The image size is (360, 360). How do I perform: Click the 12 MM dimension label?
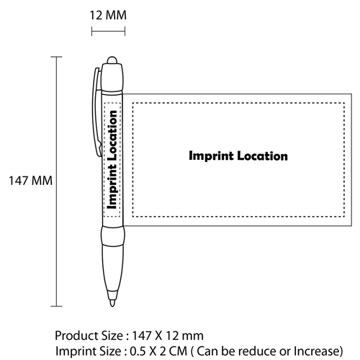[x=108, y=15]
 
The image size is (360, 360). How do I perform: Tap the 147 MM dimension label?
[x=30, y=181]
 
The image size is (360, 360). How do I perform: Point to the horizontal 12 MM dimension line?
[x=108, y=31]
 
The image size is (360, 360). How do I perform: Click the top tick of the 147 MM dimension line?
[x=56, y=57]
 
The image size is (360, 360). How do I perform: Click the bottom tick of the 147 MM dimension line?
[x=56, y=306]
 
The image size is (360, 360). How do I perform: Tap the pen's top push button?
[x=112, y=60]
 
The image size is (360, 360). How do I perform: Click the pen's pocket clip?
[x=96, y=112]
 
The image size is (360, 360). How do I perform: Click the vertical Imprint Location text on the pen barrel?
[x=112, y=160]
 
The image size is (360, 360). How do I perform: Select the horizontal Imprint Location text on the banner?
[x=238, y=156]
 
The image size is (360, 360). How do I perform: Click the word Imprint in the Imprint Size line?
[x=73, y=351]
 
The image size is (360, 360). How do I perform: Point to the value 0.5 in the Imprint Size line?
[x=138, y=351]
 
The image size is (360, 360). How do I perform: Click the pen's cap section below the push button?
[x=112, y=77]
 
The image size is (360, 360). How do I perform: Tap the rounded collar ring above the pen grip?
[x=113, y=235]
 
